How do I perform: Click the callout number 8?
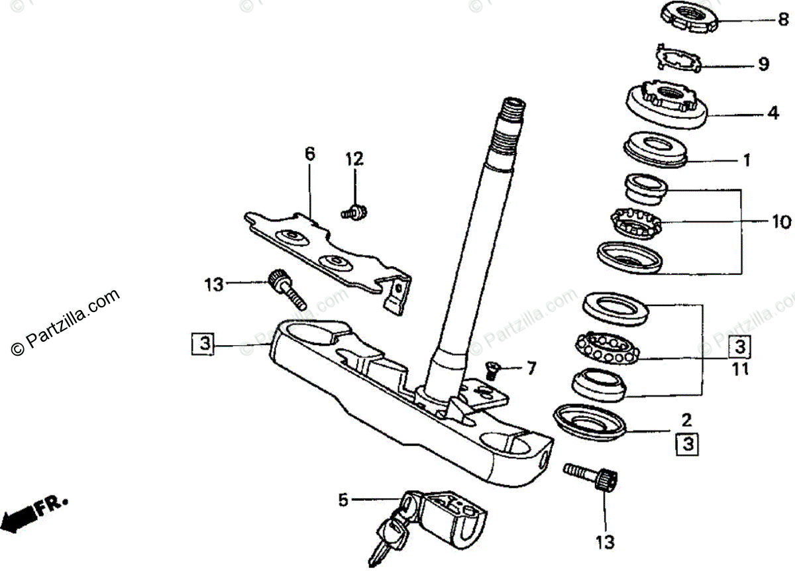coord(783,21)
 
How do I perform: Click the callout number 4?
coord(772,113)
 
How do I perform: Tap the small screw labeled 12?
coord(355,212)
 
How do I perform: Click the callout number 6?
coord(310,154)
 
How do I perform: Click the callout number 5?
coord(343,500)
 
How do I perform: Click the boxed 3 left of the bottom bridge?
coord(204,344)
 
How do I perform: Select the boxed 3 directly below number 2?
coord(688,442)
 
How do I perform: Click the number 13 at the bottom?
coord(605,542)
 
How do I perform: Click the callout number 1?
coord(746,160)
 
